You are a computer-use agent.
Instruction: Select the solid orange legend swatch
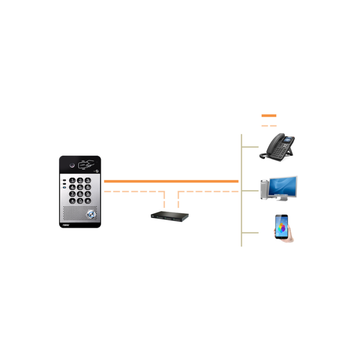point(269,115)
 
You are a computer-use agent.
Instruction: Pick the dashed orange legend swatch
point(269,125)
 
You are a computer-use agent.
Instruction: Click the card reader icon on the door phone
point(87,165)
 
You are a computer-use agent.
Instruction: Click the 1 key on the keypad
point(72,180)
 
